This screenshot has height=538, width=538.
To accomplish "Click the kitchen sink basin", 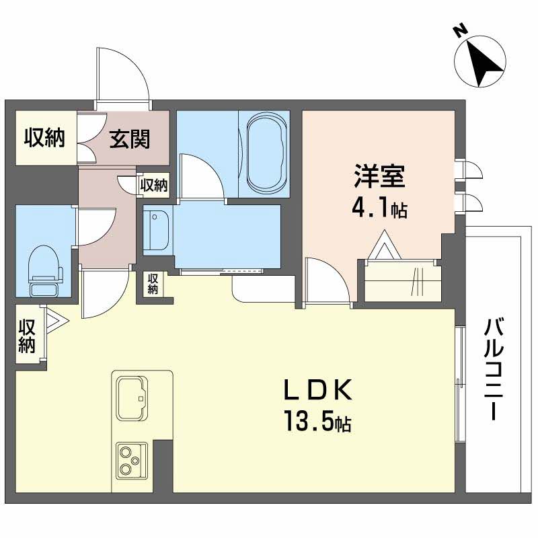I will [132, 396].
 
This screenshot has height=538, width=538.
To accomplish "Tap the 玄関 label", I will [130, 140].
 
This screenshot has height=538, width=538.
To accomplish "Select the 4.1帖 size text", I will [379, 208].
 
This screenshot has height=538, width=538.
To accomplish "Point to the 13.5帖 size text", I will [317, 423].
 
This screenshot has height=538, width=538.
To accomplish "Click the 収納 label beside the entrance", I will [44, 138].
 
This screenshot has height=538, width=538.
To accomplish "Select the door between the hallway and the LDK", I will [104, 293].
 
